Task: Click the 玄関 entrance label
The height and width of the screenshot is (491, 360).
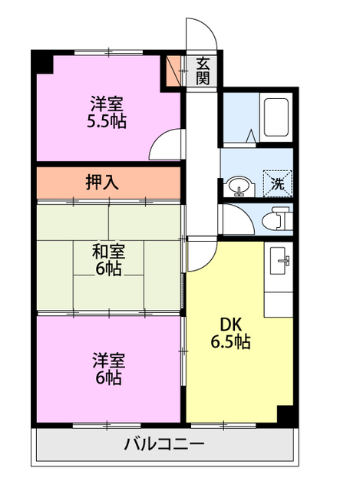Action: point(203,71)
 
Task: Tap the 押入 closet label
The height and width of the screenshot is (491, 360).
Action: point(102,183)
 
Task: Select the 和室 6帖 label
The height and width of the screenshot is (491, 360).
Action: point(108,259)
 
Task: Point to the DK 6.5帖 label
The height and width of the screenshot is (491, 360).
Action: point(230,333)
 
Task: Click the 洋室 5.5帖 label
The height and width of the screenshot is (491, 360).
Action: point(107,113)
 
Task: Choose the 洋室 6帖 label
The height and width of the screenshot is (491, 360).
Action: point(108,368)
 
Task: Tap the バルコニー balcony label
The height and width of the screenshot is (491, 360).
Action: point(164,443)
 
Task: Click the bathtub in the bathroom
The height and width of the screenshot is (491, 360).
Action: point(276,117)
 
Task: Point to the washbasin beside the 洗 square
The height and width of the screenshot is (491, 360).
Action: point(240,186)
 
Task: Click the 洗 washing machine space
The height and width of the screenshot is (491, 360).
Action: point(278,184)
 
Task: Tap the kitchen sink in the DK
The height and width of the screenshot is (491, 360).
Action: point(278,260)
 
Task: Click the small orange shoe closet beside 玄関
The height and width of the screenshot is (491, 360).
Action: point(173,71)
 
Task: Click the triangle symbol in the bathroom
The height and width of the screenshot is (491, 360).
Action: point(251,137)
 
